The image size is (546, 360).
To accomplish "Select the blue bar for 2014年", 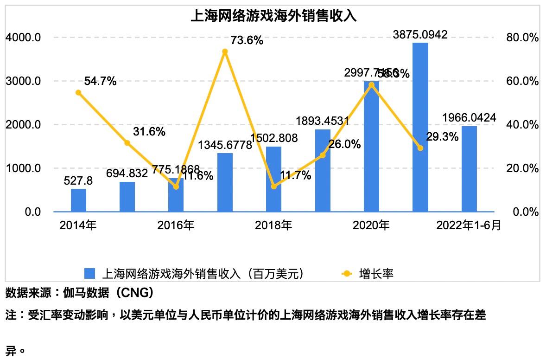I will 78,200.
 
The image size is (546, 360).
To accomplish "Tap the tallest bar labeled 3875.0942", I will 420,128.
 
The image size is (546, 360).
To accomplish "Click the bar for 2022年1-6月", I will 469,169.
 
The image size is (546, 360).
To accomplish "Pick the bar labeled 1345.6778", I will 225,183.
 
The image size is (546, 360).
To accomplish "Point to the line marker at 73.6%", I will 225,52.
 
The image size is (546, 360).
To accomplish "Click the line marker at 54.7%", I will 78,93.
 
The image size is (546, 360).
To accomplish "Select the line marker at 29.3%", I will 420,148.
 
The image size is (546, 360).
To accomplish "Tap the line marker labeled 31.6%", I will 127,143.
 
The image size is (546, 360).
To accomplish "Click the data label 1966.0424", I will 469,118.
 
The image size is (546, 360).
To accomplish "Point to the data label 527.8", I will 78,181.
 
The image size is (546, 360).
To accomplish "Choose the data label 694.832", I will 127,174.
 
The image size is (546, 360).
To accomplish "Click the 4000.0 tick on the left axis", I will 23,37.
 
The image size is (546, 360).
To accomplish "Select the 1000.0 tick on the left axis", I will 23,168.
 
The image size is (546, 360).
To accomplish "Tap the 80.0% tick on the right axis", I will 522,37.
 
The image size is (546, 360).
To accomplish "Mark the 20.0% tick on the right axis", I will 522,168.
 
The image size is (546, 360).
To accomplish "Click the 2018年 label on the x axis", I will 273,225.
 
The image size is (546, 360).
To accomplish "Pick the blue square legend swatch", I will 90,273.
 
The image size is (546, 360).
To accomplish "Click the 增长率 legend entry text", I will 376,273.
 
